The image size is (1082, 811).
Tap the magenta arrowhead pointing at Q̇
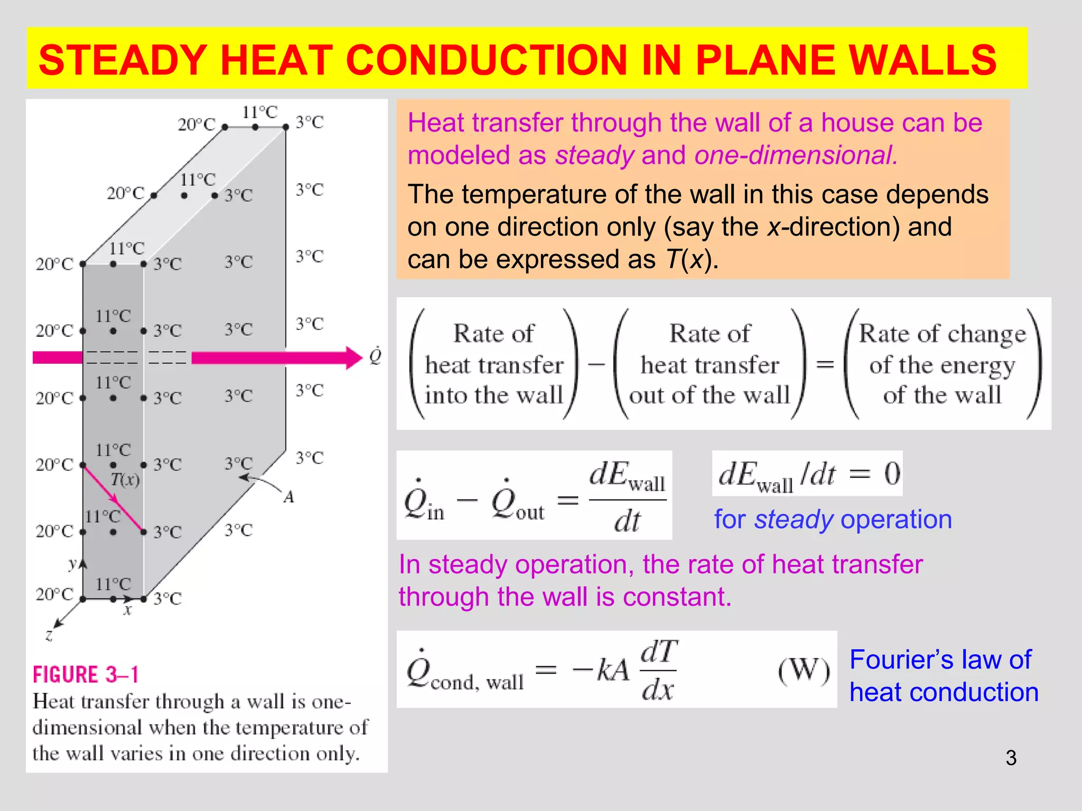point(353,358)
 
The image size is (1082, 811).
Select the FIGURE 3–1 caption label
point(86,675)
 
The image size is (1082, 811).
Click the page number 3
point(1011,758)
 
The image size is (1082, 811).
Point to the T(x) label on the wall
point(125,479)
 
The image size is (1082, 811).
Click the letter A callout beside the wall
point(288,497)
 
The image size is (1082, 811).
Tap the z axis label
point(49,635)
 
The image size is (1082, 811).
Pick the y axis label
point(72,563)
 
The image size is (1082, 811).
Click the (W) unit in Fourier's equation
point(804,671)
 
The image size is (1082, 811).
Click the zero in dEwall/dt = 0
point(892,474)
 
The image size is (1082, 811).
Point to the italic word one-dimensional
point(796,156)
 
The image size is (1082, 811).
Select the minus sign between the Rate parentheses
point(596,364)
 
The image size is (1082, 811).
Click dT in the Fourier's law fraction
point(659,652)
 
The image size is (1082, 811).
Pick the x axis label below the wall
point(127,611)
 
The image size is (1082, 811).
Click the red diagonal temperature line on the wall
point(113,498)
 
